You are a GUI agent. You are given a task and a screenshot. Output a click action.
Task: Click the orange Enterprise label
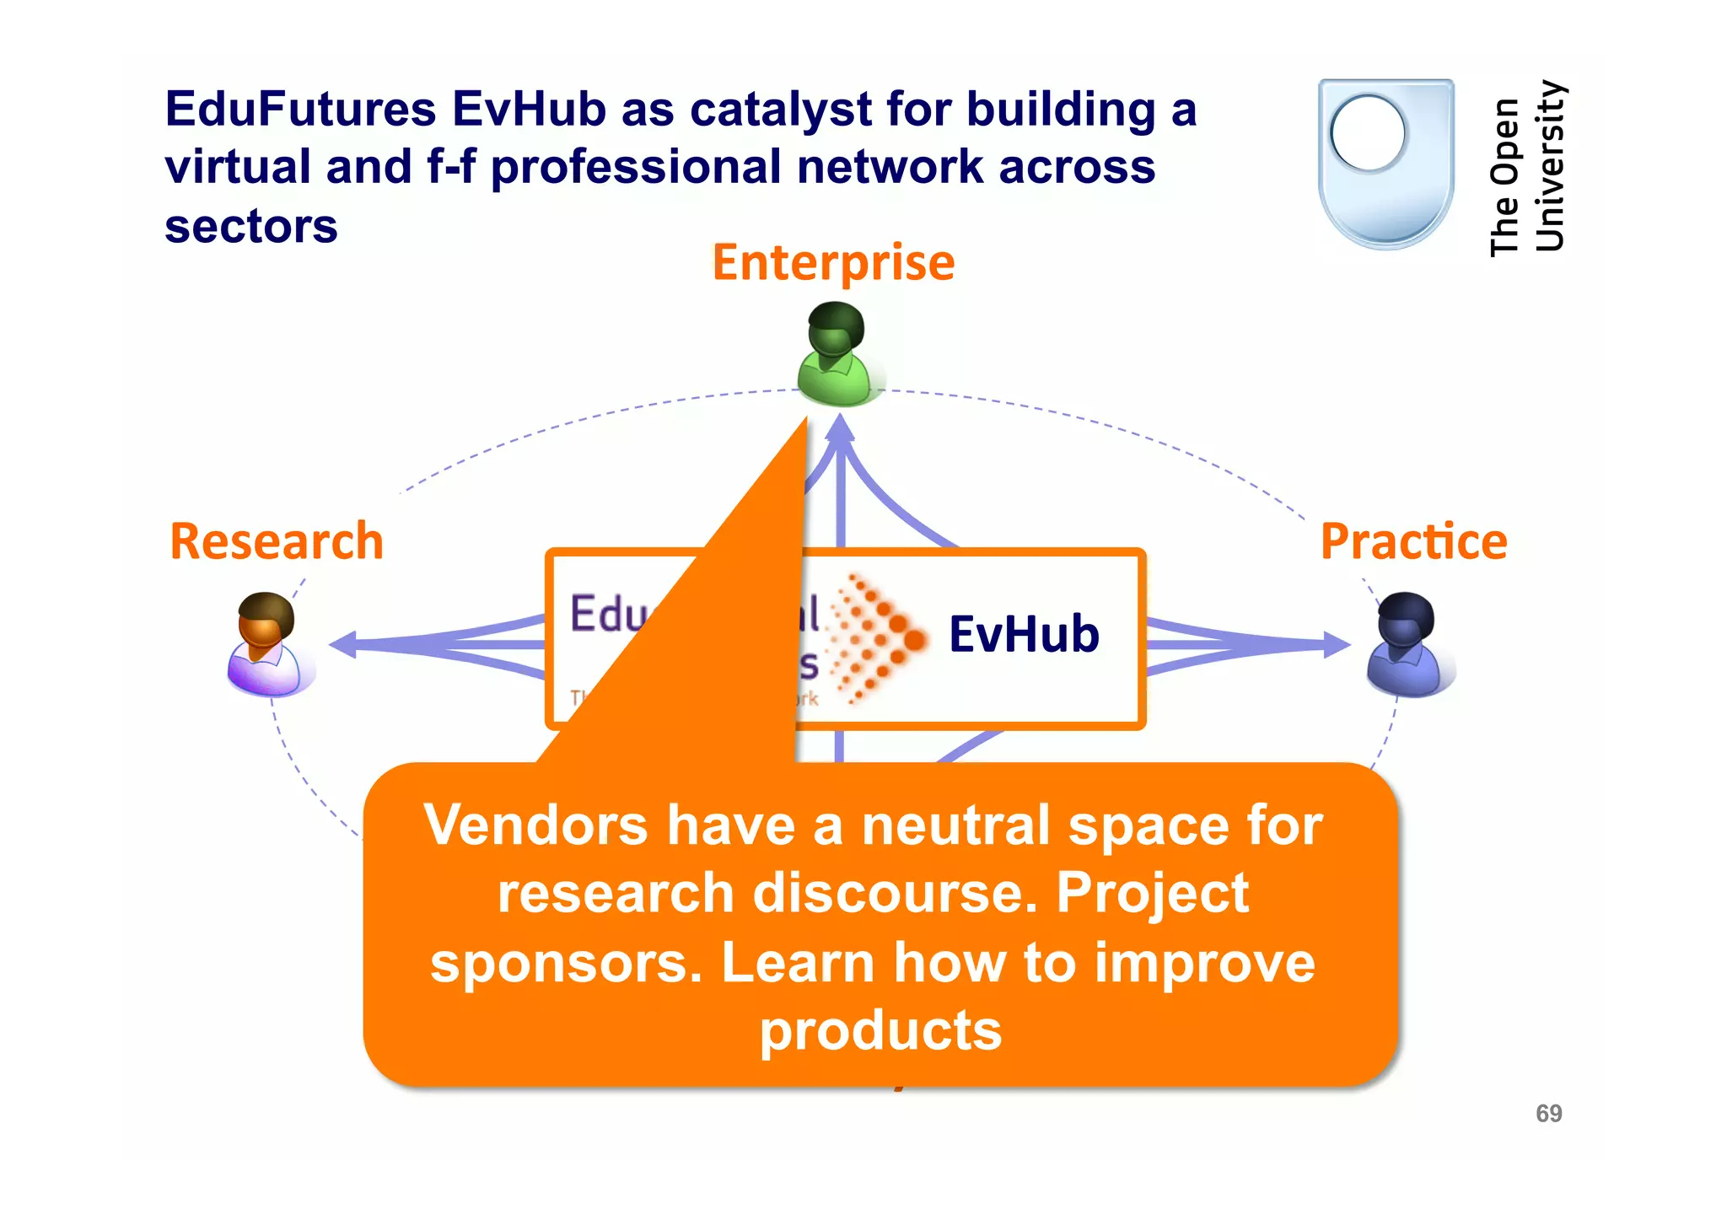pyautogui.click(x=833, y=262)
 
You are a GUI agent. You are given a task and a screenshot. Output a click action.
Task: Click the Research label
pyautogui.click(x=277, y=541)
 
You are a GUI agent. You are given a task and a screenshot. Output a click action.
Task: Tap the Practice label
pyautogui.click(x=1414, y=541)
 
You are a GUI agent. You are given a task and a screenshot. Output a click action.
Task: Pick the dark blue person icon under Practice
pyautogui.click(x=1406, y=645)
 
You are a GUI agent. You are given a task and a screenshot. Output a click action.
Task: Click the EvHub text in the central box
pyautogui.click(x=1024, y=634)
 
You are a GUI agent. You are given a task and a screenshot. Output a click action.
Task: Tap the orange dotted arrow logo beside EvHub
pyautogui.click(x=877, y=638)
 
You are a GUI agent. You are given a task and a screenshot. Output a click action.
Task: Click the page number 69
pyautogui.click(x=1548, y=1114)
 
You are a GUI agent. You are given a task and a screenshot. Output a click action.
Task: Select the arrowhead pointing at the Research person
pyautogui.click(x=343, y=645)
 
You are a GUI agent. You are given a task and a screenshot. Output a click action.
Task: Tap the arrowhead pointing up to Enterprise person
pyautogui.click(x=840, y=429)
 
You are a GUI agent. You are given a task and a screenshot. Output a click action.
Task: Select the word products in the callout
pyautogui.click(x=880, y=1030)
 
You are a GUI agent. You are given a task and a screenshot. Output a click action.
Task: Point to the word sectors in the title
pyautogui.click(x=251, y=226)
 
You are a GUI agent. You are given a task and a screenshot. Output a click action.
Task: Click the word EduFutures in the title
pyautogui.click(x=300, y=110)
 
